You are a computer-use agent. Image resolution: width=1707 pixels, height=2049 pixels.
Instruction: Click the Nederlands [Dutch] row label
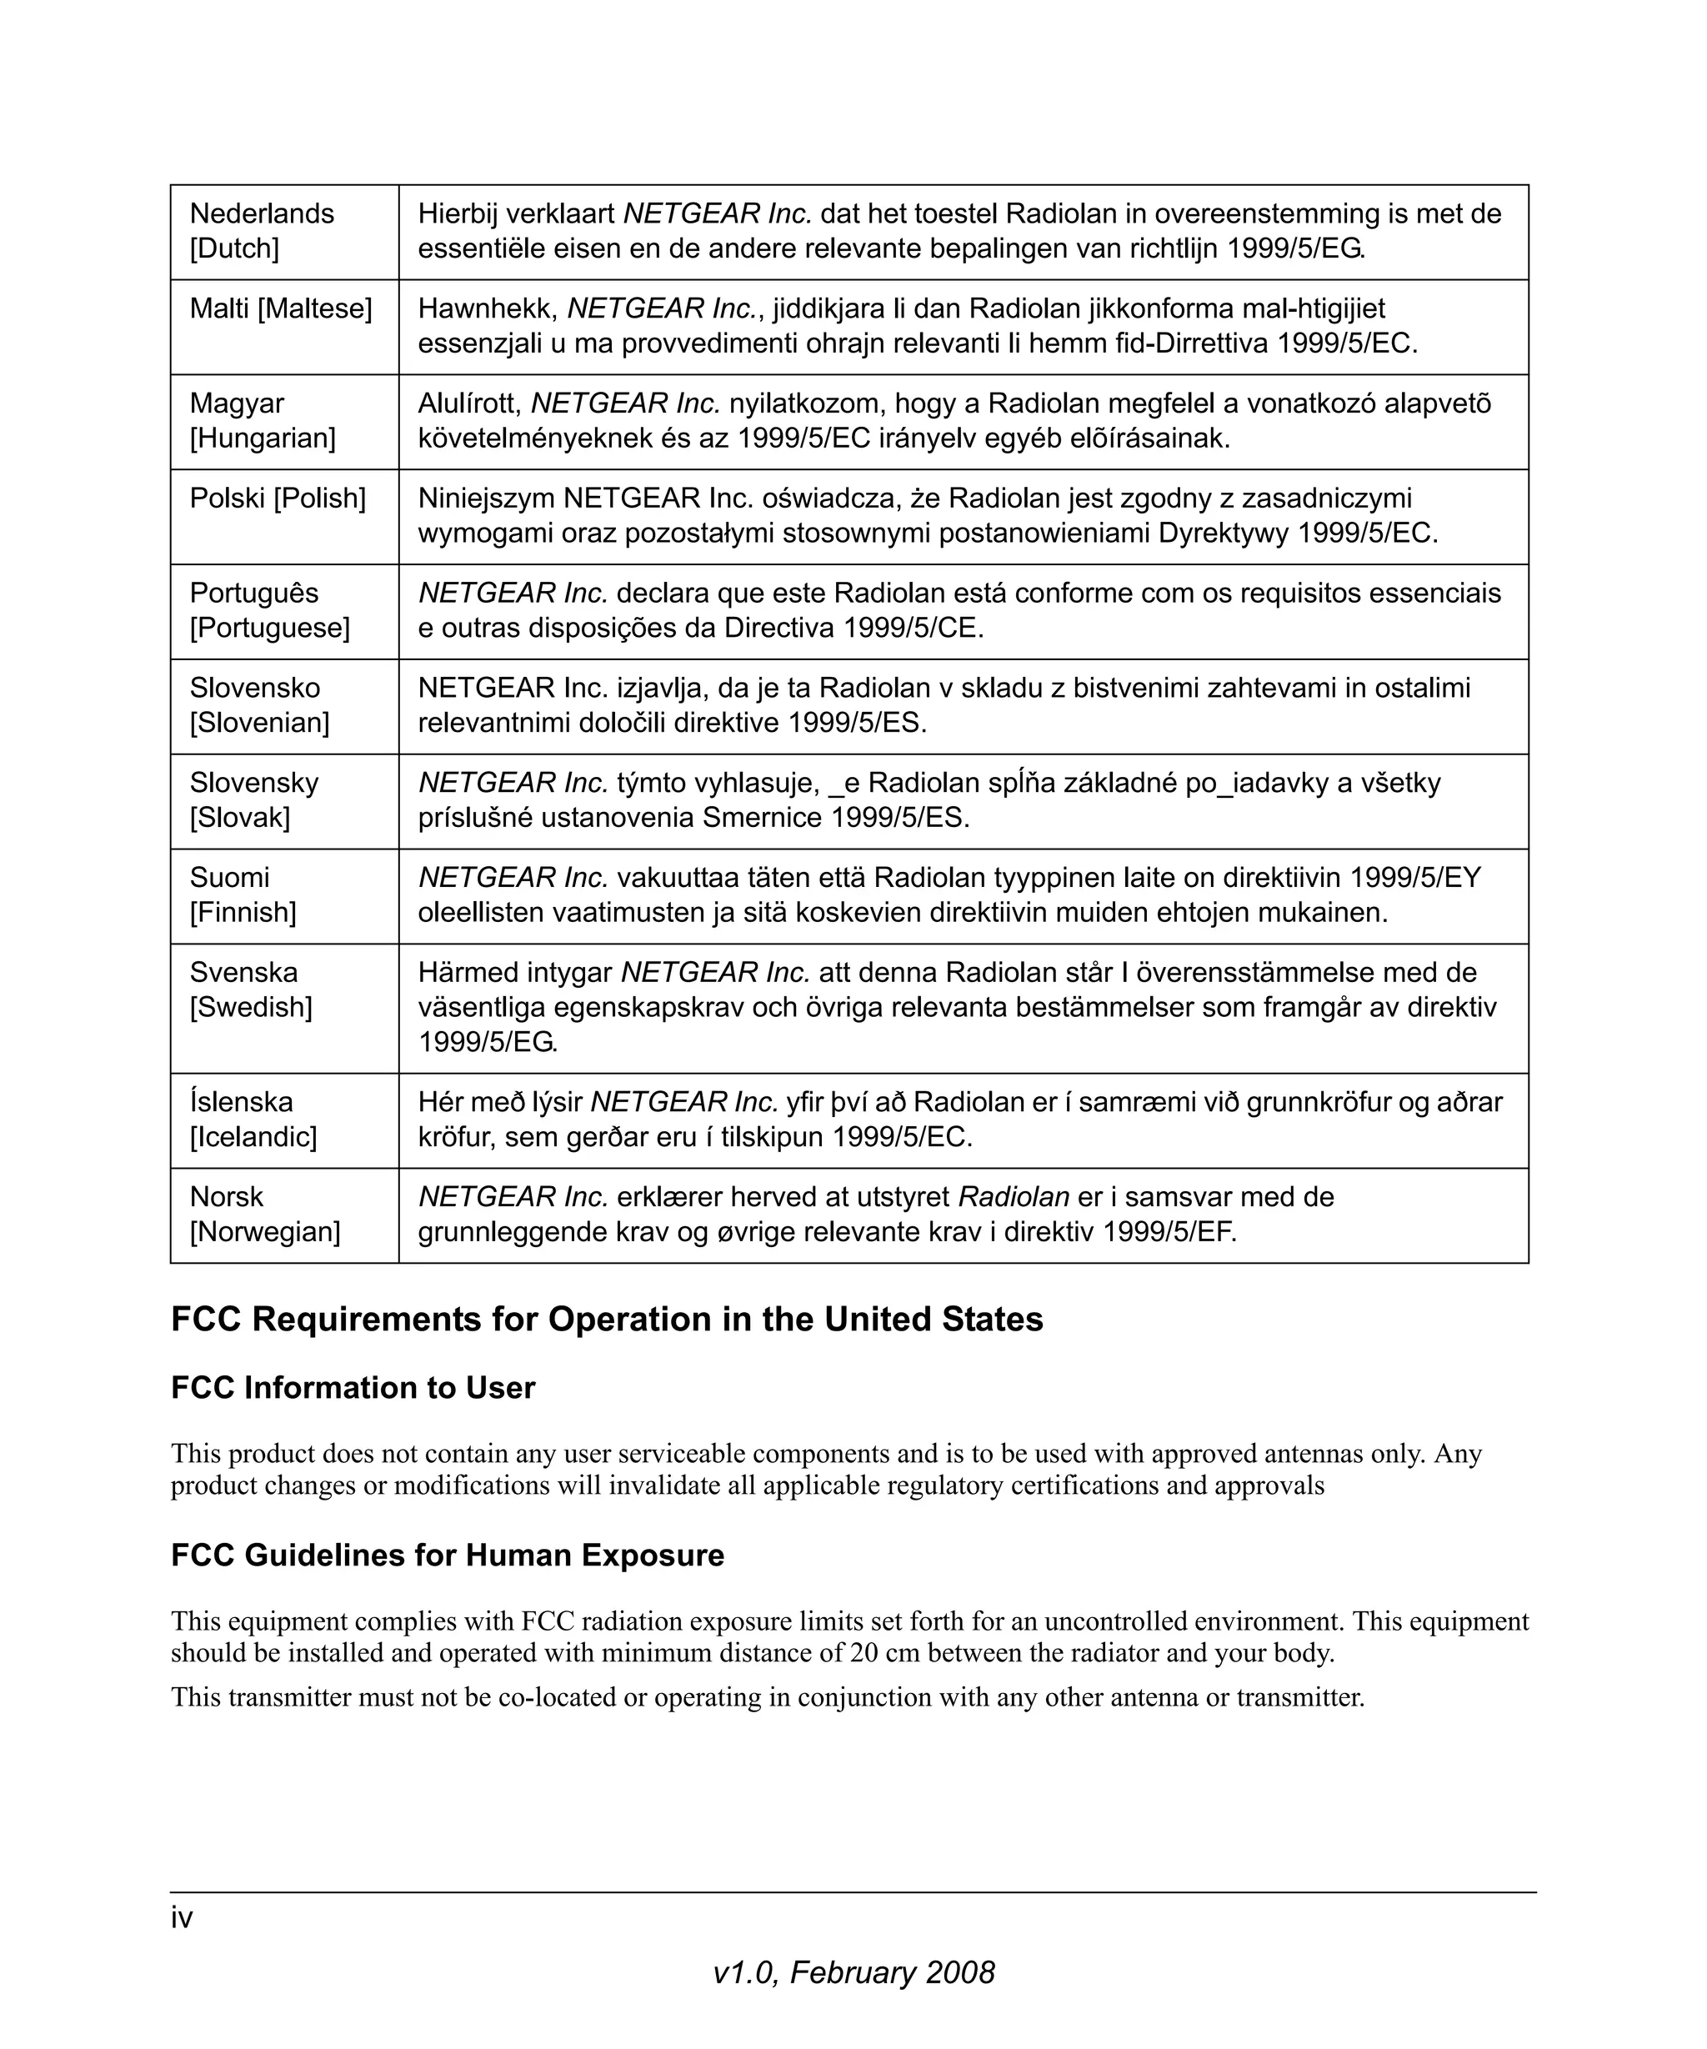(x=262, y=230)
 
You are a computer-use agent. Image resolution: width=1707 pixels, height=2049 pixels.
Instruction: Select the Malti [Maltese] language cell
(x=281, y=308)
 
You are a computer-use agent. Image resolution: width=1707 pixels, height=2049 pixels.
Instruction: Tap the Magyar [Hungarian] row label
(x=262, y=420)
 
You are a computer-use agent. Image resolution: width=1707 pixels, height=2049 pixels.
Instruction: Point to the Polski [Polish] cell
(x=278, y=498)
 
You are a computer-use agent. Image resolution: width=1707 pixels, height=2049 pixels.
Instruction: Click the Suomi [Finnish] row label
(x=242, y=894)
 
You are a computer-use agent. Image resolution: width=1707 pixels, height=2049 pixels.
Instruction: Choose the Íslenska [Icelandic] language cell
(x=253, y=1120)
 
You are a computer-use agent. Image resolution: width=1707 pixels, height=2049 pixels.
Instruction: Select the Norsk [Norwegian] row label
(x=264, y=1214)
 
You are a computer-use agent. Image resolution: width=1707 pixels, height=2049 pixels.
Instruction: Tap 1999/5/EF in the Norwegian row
(x=1168, y=1231)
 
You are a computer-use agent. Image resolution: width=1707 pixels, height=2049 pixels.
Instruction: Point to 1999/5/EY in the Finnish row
(x=1414, y=877)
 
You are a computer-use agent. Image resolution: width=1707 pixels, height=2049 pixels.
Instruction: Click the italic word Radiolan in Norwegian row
(x=1014, y=1196)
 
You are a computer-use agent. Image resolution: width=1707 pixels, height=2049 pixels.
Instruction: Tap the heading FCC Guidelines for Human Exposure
(x=448, y=1555)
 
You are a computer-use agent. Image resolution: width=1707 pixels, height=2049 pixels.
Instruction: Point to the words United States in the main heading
(x=934, y=1319)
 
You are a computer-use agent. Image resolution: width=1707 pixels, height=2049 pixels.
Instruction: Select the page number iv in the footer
(x=182, y=1918)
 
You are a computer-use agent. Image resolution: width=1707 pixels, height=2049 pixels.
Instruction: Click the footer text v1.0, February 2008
(x=853, y=1973)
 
